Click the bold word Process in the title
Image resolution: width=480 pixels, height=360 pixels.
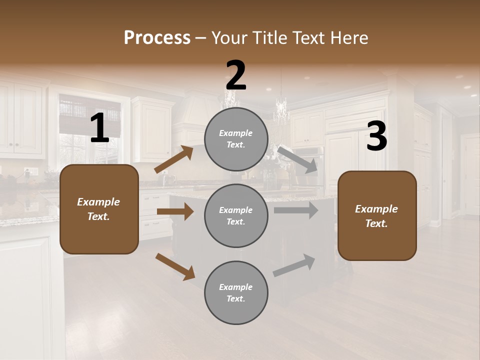click(157, 38)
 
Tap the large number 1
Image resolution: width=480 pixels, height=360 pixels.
click(99, 128)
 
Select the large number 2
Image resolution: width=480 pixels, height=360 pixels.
click(236, 75)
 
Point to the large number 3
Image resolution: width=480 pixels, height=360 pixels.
click(376, 136)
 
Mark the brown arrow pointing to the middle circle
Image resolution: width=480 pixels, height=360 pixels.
click(175, 211)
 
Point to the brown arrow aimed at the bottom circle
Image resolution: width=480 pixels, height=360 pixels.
click(175, 266)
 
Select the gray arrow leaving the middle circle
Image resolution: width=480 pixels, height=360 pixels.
click(296, 210)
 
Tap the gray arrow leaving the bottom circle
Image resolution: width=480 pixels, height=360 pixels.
click(294, 265)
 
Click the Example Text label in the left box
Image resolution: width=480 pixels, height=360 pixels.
click(98, 209)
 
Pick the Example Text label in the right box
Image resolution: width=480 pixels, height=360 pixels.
click(376, 216)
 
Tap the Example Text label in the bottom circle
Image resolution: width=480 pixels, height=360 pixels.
click(236, 293)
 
